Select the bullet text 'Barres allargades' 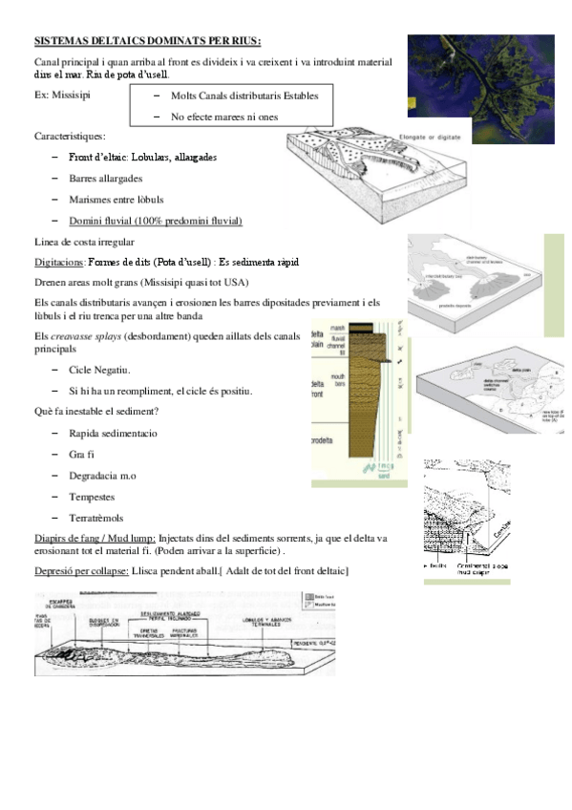click(x=106, y=179)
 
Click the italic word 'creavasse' click(x=77, y=336)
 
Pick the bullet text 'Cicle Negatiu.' click(x=99, y=370)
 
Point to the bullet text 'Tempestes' click(x=92, y=497)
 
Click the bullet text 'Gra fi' click(x=82, y=454)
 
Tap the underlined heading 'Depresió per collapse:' click(x=81, y=570)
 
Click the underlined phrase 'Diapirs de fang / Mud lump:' click(x=95, y=539)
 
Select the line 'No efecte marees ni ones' click(x=224, y=117)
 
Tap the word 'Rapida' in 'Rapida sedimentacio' click(x=85, y=433)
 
